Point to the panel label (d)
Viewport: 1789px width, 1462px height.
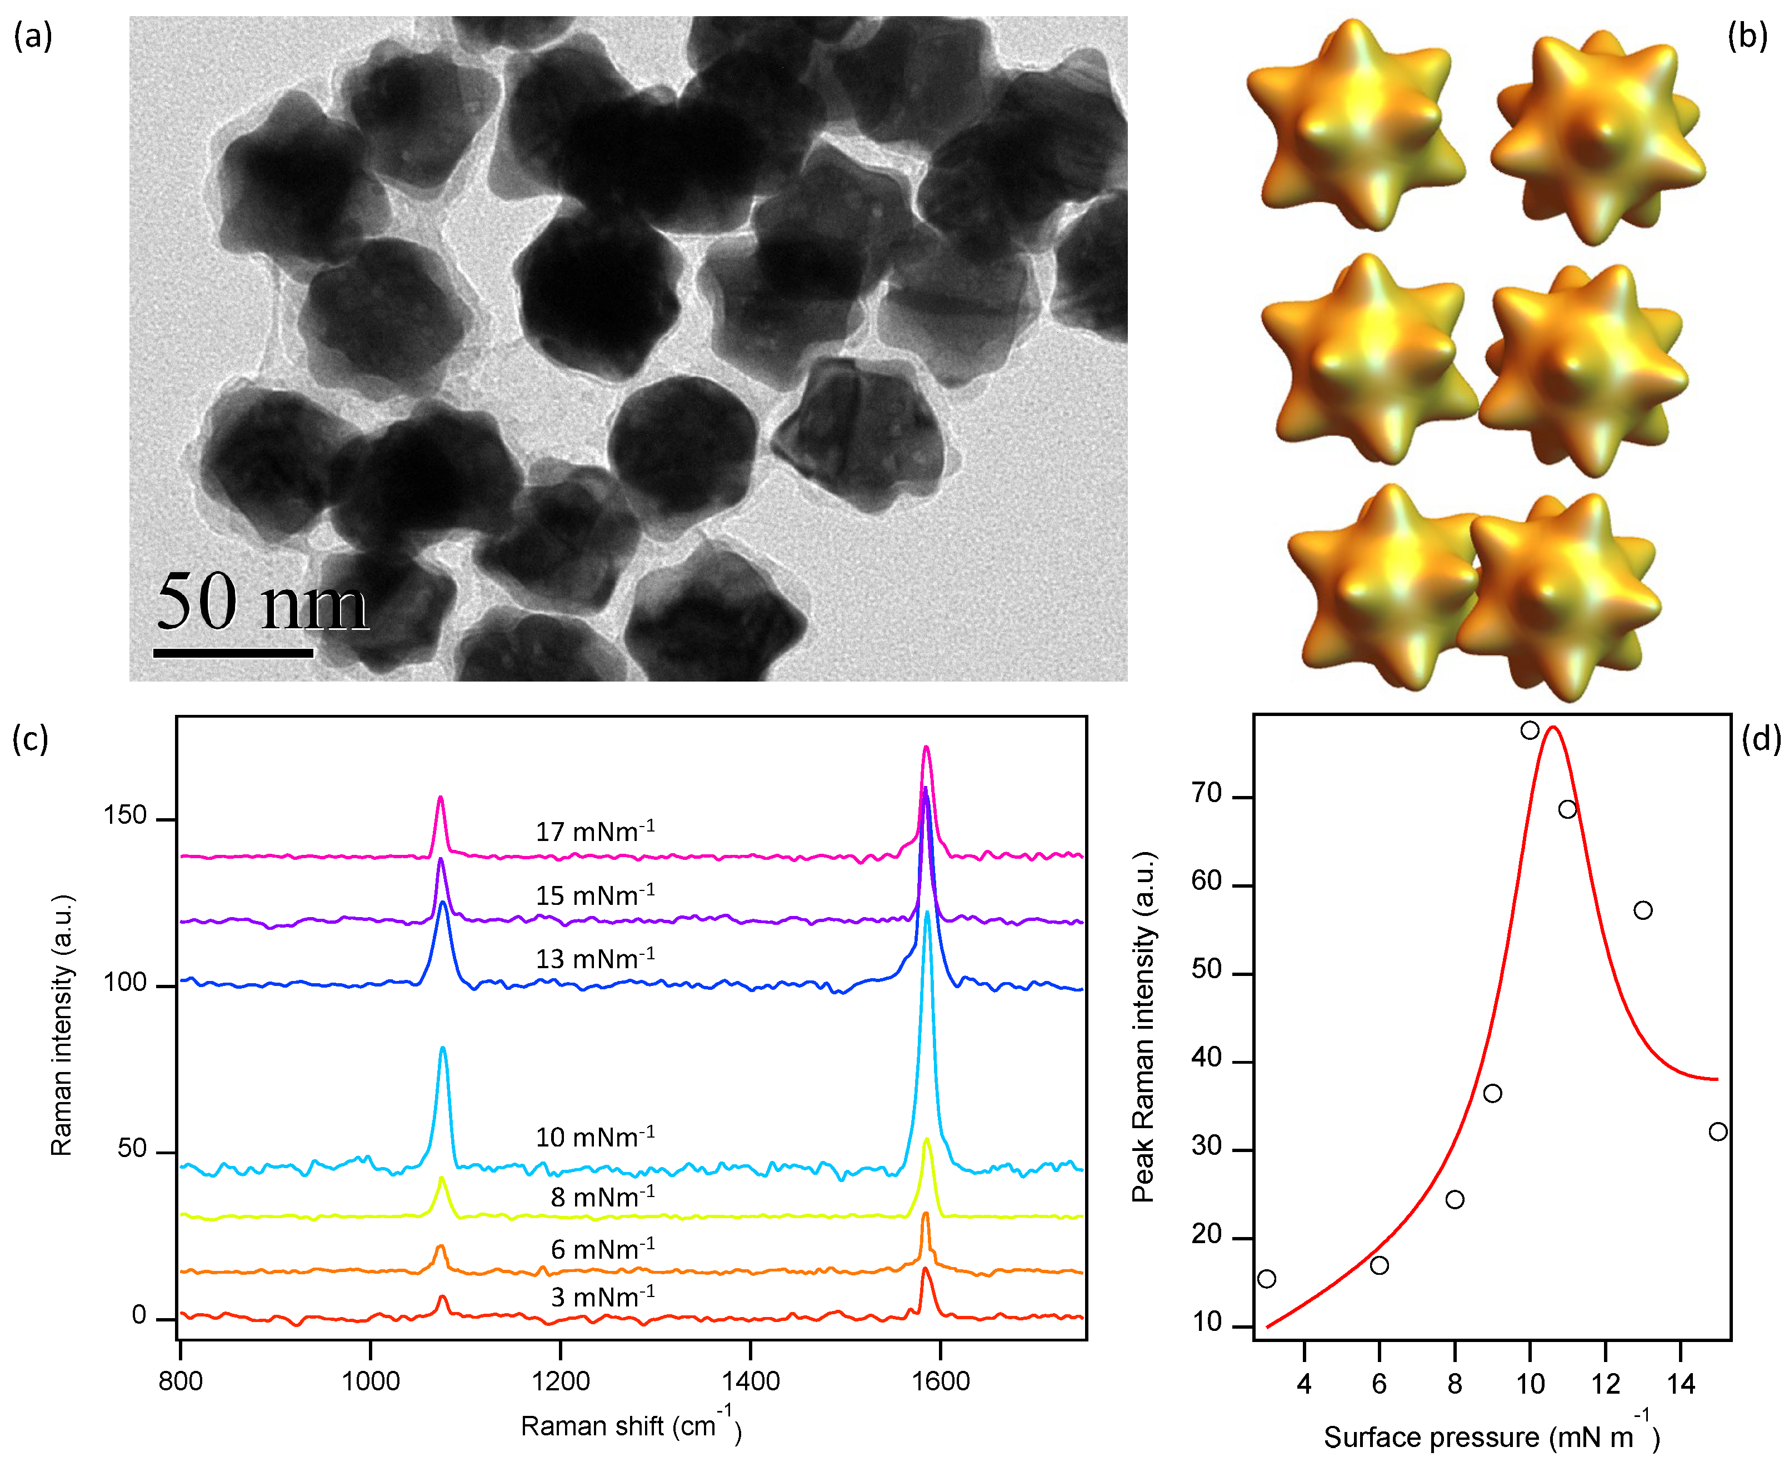[x=1760, y=739]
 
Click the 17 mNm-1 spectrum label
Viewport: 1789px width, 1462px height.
[x=594, y=831]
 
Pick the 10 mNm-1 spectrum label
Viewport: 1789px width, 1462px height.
[x=594, y=1137]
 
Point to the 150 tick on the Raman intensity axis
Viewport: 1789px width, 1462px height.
[x=124, y=815]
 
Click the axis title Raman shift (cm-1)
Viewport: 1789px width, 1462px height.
[x=631, y=1425]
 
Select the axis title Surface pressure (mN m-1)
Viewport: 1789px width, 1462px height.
[x=1491, y=1436]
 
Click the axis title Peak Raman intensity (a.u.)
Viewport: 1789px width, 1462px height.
[x=1143, y=1028]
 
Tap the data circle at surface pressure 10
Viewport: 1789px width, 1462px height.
[x=1531, y=730]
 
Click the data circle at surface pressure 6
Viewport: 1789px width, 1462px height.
[x=1380, y=1265]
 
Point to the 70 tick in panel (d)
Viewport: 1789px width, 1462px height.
[x=1207, y=793]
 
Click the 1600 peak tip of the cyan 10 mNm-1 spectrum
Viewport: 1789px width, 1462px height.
[x=927, y=912]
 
